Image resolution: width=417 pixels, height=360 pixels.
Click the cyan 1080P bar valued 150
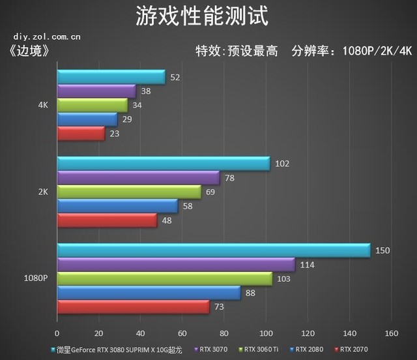[x=214, y=250]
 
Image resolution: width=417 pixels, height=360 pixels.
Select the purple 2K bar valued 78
[x=138, y=178]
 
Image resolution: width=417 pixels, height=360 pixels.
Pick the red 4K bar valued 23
[x=81, y=134]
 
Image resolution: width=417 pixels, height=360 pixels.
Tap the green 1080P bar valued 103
[x=164, y=279]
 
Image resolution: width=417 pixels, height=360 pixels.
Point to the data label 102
[x=282, y=164]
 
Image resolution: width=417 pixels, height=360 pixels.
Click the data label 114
[x=307, y=265]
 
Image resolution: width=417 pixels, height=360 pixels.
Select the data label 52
[x=175, y=78]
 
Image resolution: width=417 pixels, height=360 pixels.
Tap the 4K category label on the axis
[x=43, y=105]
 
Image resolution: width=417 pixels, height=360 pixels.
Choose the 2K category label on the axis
[x=43, y=192]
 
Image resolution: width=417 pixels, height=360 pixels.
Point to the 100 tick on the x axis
[x=265, y=333]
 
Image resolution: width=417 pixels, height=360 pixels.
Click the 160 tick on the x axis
[x=391, y=333]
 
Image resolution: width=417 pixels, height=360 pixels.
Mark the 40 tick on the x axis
[x=141, y=333]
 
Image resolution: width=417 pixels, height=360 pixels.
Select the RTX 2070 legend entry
[x=352, y=350]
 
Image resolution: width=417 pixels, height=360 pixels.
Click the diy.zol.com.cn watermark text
[x=46, y=37]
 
